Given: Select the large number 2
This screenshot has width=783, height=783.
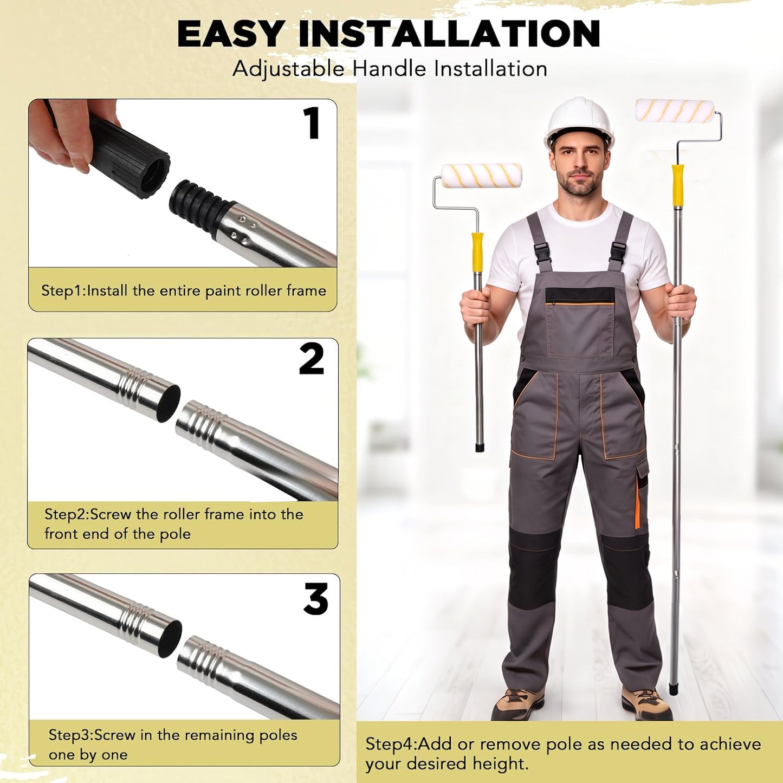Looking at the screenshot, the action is point(311,359).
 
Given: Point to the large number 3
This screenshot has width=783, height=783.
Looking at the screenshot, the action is point(316,599).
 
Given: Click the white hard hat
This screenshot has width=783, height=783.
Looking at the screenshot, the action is point(579,122).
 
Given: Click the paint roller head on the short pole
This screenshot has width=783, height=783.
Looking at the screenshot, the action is point(482,176).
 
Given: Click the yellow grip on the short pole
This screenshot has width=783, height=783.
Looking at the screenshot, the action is point(477,252).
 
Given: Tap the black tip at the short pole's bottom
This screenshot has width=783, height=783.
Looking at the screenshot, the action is point(480,448).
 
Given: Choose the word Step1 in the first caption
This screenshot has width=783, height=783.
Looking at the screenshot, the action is point(63,291).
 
